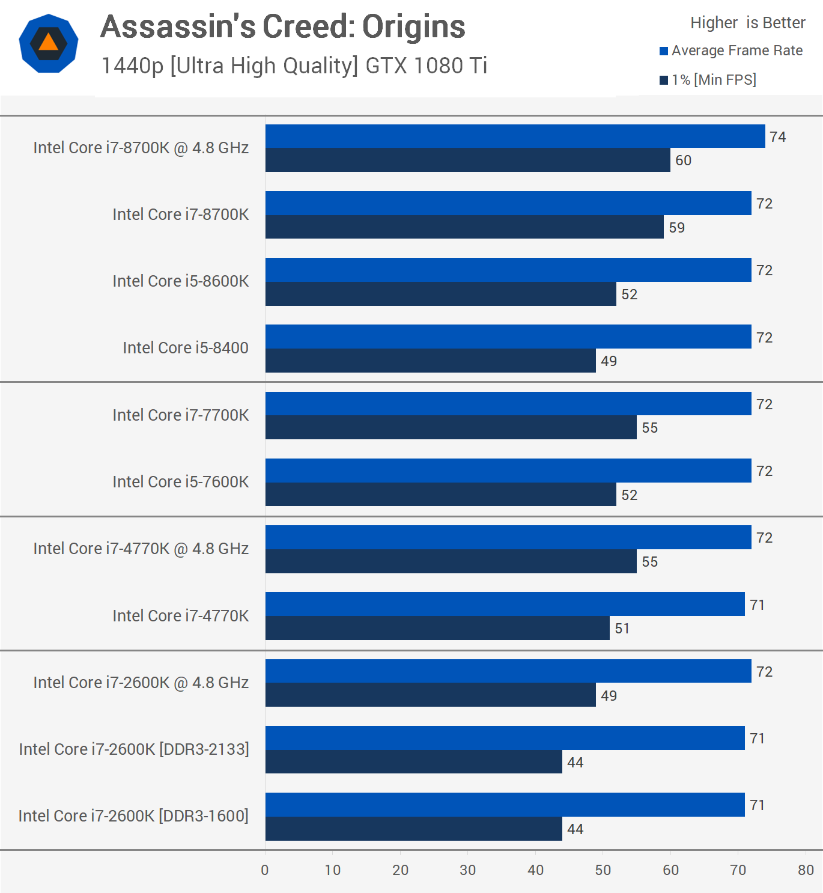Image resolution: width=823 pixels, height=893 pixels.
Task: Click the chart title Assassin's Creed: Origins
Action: [x=282, y=26]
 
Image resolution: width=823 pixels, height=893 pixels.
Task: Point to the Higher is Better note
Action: [x=747, y=23]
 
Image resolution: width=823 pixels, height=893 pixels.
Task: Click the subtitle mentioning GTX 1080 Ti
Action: [x=294, y=66]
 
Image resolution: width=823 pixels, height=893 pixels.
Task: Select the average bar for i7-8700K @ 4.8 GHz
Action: [x=515, y=136]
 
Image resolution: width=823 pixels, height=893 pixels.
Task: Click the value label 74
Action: [x=777, y=137]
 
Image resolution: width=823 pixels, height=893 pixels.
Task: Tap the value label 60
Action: [x=683, y=160]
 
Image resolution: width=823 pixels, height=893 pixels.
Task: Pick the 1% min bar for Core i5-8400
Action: [x=430, y=361]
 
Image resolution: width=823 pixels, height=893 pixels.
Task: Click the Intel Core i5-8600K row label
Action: [x=180, y=281]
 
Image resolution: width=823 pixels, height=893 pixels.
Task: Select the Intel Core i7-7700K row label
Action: [x=180, y=415]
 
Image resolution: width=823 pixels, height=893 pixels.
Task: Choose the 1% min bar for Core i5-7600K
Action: [x=440, y=495]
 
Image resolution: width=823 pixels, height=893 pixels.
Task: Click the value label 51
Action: [x=622, y=629]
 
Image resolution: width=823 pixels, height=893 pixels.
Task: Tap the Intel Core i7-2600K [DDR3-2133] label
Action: [x=134, y=749]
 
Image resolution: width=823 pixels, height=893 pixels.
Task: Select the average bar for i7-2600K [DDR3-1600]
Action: [x=505, y=805]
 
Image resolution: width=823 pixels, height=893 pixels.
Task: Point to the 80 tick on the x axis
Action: [x=806, y=870]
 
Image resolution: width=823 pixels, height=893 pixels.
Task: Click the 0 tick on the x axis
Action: [x=265, y=870]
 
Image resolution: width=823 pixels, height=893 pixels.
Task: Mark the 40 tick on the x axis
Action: [x=535, y=870]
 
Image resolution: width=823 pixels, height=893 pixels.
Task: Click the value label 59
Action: [x=676, y=228]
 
